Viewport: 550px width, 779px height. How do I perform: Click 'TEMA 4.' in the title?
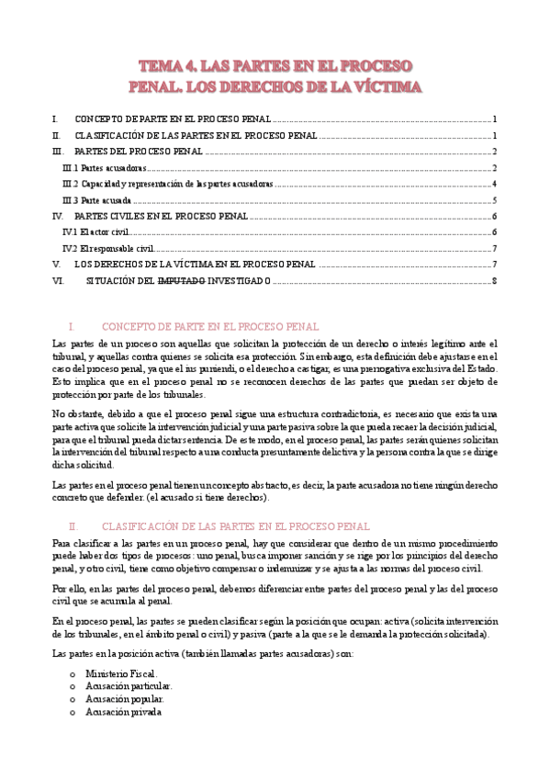click(x=171, y=66)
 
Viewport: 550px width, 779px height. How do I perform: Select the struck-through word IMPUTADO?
click(x=182, y=280)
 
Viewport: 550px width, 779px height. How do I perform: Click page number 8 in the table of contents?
click(x=494, y=280)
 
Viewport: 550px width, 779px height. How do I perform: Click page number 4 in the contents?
click(x=494, y=184)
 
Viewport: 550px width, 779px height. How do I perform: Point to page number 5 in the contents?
click(x=494, y=200)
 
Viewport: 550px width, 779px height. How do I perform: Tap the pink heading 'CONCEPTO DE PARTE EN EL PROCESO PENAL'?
click(x=209, y=327)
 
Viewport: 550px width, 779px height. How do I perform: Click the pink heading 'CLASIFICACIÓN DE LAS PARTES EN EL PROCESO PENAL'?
click(x=235, y=526)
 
